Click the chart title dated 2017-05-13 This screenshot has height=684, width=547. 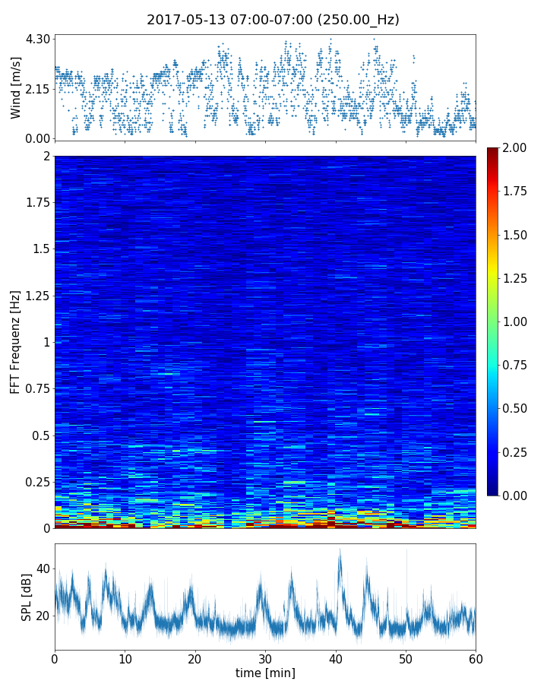point(273,20)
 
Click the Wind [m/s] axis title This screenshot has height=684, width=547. point(16,87)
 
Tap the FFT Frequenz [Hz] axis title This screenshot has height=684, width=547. point(16,341)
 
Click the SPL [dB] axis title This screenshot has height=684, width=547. point(27,597)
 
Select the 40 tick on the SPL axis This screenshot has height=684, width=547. point(43,568)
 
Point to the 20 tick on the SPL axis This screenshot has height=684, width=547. point(43,615)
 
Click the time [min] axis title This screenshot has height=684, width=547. point(265,673)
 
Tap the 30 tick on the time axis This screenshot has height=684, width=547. point(265,657)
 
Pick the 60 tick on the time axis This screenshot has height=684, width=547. point(476,657)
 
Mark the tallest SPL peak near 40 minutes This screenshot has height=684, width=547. point(340,550)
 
